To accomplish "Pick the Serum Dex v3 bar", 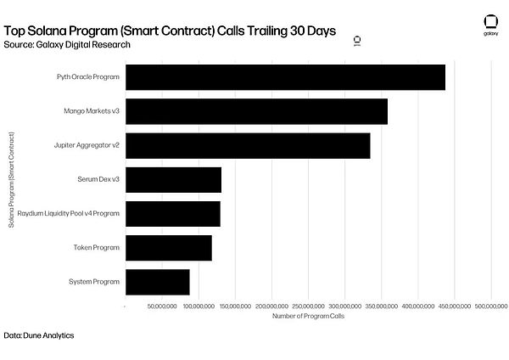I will click(173, 179).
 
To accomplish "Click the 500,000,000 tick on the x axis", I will click(491, 305).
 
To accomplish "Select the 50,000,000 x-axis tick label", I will click(162, 305).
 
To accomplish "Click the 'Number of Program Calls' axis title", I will click(308, 316).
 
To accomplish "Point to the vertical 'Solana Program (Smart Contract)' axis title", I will click(11, 180).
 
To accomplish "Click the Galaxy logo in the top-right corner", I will click(490, 24).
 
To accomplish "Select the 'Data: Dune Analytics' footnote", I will click(39, 335).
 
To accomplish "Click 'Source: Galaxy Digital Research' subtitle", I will click(67, 43).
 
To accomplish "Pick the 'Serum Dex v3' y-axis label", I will click(98, 179).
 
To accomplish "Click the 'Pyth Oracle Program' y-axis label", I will click(88, 77).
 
